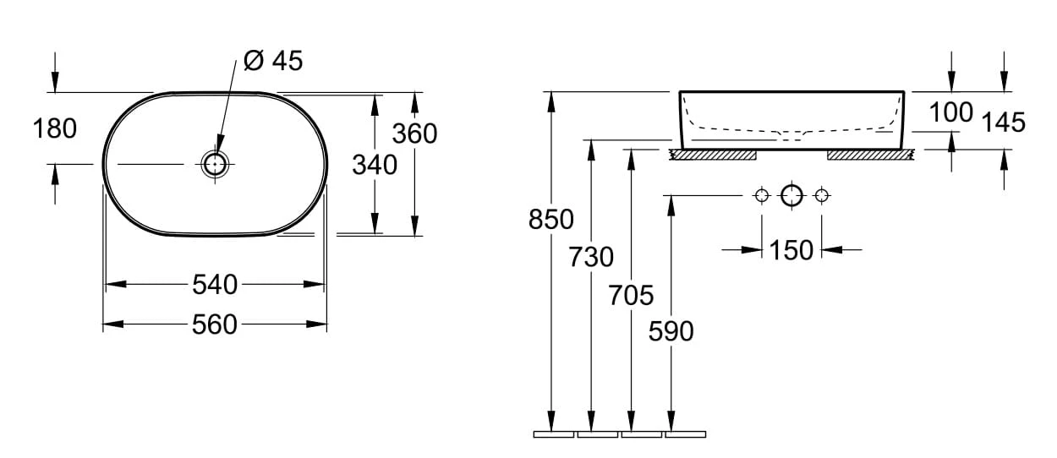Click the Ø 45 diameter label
pyautogui.click(x=272, y=61)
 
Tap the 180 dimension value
pyautogui.click(x=55, y=128)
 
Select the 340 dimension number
pyautogui.click(x=375, y=165)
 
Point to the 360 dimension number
pyautogui.click(x=415, y=133)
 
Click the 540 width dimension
pyautogui.click(x=215, y=285)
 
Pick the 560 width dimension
pyautogui.click(x=215, y=324)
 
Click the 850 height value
pyautogui.click(x=550, y=219)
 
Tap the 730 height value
pyautogui.click(x=591, y=256)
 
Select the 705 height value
pyautogui.click(x=632, y=295)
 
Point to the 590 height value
pyautogui.click(x=671, y=331)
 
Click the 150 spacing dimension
pyautogui.click(x=791, y=250)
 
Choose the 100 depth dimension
pyautogui.click(x=951, y=112)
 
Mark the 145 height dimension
pyautogui.click(x=1004, y=123)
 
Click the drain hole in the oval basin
pyautogui.click(x=215, y=163)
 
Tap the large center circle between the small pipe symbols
pyautogui.click(x=791, y=196)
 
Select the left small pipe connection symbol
pyautogui.click(x=762, y=196)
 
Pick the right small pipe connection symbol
pyautogui.click(x=821, y=196)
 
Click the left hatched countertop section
pyautogui.click(x=712, y=155)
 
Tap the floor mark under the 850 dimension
pyautogui.click(x=554, y=434)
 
